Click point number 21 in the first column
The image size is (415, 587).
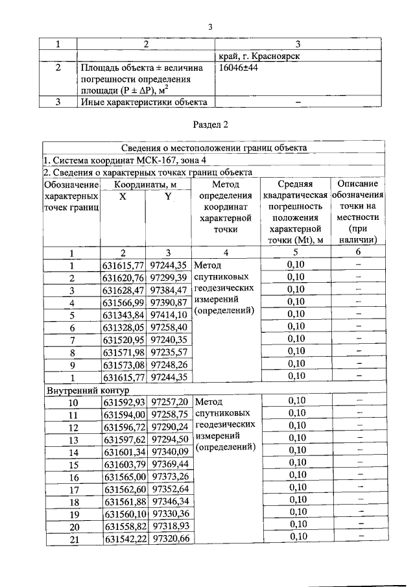tap(72, 538)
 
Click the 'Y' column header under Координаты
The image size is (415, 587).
tap(168, 197)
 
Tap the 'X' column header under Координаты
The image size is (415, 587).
tap(123, 197)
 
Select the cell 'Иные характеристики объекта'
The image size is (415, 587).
tap(143, 102)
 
